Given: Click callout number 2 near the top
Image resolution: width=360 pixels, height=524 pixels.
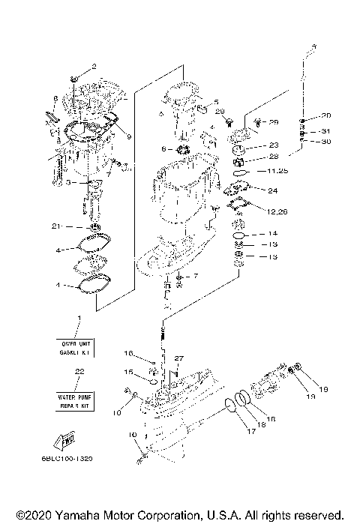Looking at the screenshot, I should (94, 66).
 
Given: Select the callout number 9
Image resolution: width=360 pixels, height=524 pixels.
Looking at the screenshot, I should (129, 136).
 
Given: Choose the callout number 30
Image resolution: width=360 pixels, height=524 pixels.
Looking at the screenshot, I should (325, 141).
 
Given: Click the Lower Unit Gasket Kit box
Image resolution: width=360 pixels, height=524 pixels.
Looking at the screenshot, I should (76, 346).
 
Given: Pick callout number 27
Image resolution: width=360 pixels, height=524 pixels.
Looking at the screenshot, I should (179, 358).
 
